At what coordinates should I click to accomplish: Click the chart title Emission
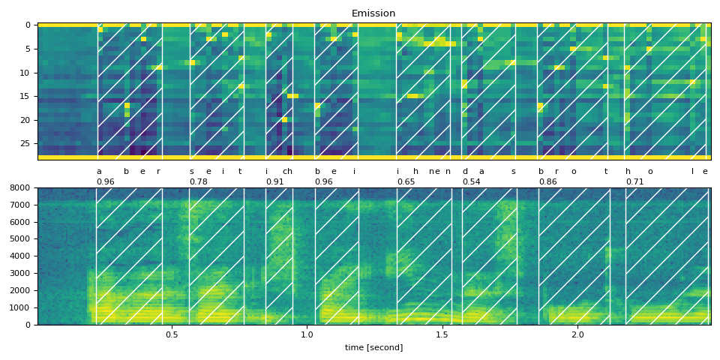(x=373, y=13)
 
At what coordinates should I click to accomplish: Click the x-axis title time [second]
(x=373, y=348)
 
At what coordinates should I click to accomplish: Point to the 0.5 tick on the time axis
(x=172, y=335)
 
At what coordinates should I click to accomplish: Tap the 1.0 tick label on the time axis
(x=307, y=335)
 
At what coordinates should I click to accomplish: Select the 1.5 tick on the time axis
(x=442, y=335)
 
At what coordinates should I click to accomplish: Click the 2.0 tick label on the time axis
(x=577, y=335)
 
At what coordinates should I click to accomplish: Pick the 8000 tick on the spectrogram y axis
(x=19, y=188)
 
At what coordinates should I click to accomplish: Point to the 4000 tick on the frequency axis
(x=19, y=256)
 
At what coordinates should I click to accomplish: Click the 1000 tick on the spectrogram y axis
(x=19, y=308)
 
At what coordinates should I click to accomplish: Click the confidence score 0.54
(x=471, y=182)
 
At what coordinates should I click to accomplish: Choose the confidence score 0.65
(x=406, y=182)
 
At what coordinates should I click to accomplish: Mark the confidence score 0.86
(x=547, y=182)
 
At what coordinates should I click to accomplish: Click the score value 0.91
(x=274, y=182)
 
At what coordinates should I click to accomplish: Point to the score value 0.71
(x=634, y=182)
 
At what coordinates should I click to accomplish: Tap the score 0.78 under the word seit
(x=198, y=182)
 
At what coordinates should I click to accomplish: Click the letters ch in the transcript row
(x=287, y=172)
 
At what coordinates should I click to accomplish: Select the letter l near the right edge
(x=692, y=172)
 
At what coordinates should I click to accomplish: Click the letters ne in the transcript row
(x=434, y=172)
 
